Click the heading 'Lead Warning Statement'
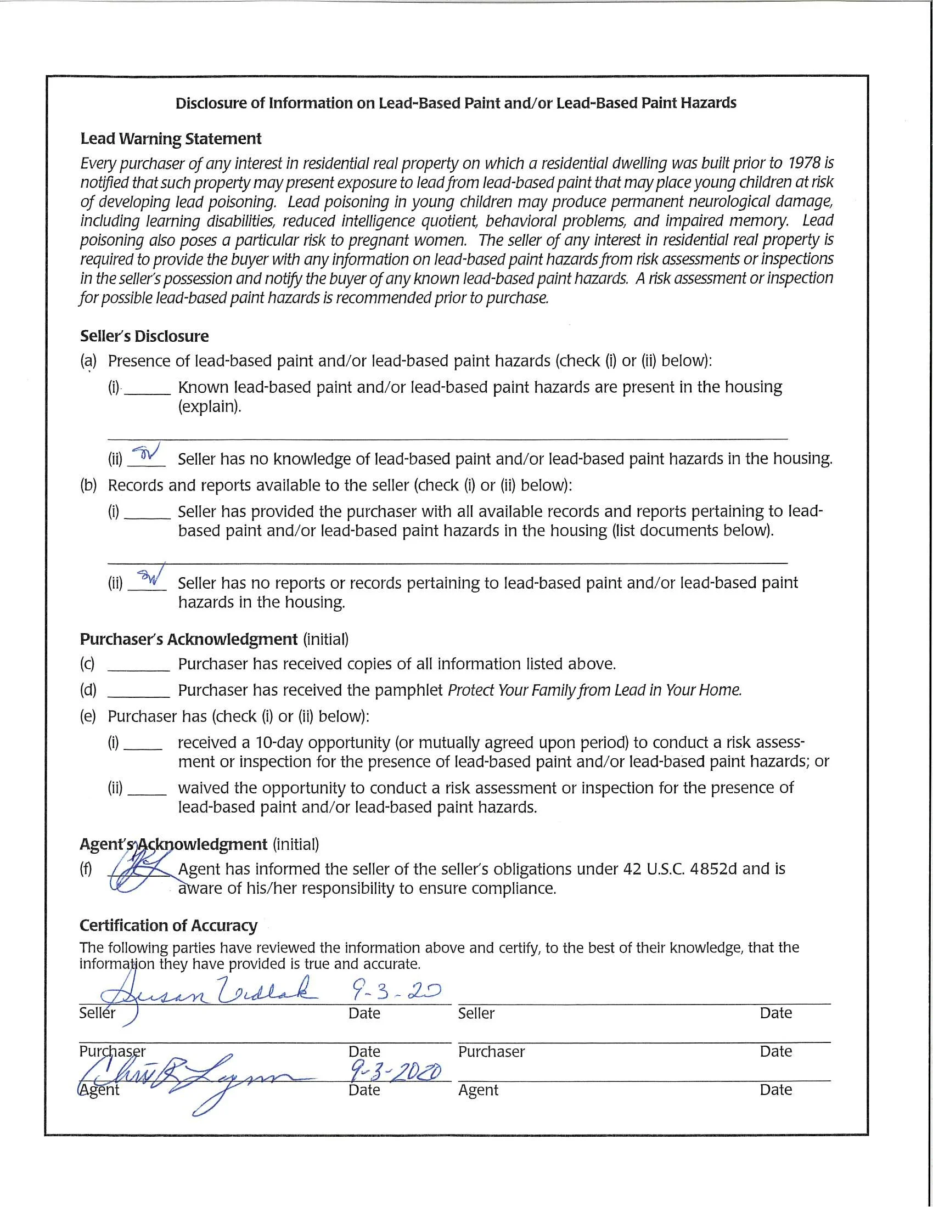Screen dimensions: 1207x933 point(170,139)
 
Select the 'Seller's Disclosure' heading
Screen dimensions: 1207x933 point(144,336)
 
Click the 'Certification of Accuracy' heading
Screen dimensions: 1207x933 point(168,926)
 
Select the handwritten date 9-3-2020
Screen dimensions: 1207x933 point(395,1072)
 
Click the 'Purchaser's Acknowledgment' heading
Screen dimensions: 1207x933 point(188,639)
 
